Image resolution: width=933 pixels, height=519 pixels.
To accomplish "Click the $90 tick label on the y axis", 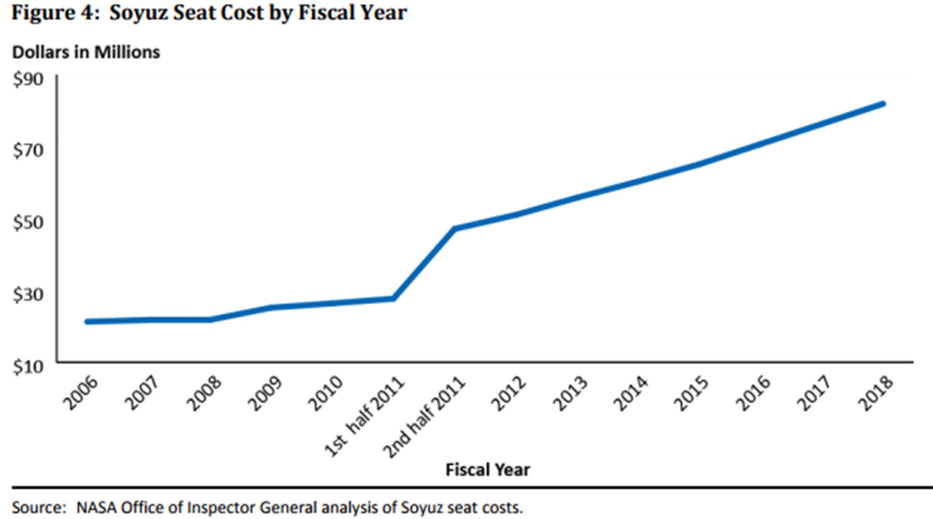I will tap(28, 79).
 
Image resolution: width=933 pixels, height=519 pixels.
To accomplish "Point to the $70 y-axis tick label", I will tap(28, 151).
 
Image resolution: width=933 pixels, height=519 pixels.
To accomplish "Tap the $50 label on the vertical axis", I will tap(28, 223).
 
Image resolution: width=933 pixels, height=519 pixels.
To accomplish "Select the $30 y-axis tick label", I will tap(28, 295).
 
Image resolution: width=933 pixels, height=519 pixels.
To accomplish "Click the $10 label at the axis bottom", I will tap(28, 367).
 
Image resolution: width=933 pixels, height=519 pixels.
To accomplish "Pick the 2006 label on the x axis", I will tap(80, 393).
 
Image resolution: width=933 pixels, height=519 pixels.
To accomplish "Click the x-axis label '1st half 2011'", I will tap(364, 417).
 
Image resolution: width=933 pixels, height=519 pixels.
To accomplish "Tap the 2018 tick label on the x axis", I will tap(875, 393).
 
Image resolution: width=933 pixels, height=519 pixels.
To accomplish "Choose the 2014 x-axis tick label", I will tap(630, 393).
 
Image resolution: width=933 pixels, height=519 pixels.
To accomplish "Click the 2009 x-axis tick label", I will tap(264, 393).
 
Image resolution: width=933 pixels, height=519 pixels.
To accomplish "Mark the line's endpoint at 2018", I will tap(883, 104).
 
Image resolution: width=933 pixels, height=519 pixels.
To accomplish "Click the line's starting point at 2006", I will tap(87, 322).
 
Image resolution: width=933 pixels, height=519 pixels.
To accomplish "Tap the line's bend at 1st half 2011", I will tap(393, 298).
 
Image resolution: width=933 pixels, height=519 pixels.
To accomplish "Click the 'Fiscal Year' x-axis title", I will tap(488, 470).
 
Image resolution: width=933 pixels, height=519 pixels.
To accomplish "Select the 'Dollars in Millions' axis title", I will tap(86, 52).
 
